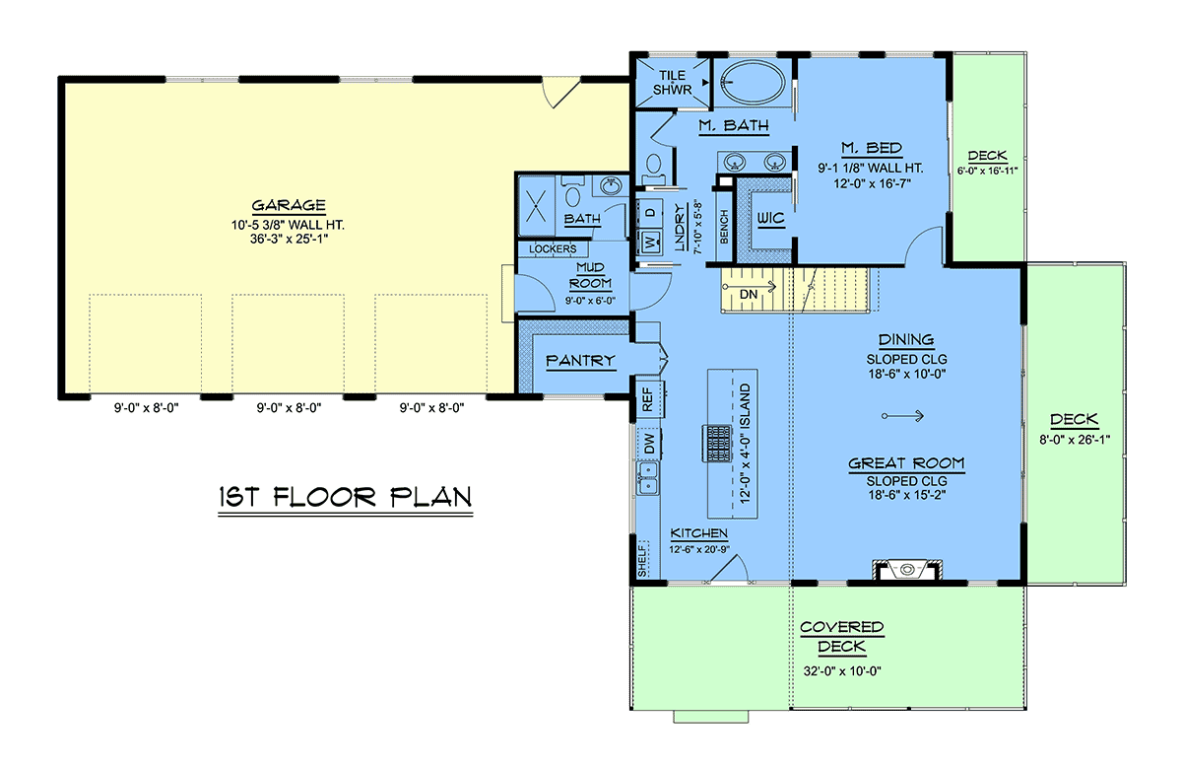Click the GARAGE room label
coord(288,205)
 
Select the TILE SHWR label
coord(672,83)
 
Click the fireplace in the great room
coord(907,571)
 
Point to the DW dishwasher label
coord(649,444)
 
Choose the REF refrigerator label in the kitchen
coord(648,399)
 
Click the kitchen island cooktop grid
coord(717,443)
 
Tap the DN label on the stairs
coord(749,294)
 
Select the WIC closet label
coord(770,218)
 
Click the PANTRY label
coord(580,361)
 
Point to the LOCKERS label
coord(553,248)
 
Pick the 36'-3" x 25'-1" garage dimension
coord(289,240)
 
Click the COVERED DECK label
coord(841,637)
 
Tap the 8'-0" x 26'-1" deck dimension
coord(1075,440)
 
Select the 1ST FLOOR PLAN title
coord(345,497)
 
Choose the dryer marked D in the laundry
coord(650,212)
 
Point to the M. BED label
coord(871,148)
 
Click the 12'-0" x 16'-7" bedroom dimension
coord(873,183)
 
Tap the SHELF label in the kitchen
coord(642,558)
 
